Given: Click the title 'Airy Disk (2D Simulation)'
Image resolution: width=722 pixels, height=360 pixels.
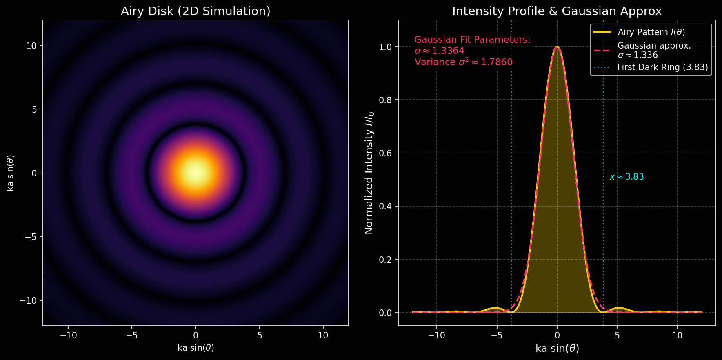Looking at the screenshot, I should coord(195,11).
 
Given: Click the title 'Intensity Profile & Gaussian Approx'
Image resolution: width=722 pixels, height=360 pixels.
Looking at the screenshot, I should coord(557,11).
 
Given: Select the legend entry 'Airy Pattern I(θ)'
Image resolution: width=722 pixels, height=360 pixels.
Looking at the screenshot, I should coord(651,32).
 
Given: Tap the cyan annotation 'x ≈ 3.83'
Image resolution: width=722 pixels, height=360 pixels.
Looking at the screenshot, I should coord(626,177).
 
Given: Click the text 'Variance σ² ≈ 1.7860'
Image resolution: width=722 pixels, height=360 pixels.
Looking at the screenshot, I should coord(463,62).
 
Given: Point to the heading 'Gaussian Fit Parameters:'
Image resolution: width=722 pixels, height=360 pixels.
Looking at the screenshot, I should coord(472,40).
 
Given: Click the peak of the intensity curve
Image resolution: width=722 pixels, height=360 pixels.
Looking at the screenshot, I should coord(557,47).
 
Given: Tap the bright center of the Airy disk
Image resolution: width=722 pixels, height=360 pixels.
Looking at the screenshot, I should coord(195,173).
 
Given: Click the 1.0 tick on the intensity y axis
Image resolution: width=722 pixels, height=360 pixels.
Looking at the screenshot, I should coord(385,47).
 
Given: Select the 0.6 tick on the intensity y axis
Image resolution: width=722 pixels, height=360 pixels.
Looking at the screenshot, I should coord(385,153).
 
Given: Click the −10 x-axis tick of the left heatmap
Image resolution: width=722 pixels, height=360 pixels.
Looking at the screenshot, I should coord(68,336).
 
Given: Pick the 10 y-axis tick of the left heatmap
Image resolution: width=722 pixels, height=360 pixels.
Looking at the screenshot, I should coord(31,46).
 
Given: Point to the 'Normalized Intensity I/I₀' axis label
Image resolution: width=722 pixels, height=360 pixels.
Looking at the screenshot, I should coord(369,173).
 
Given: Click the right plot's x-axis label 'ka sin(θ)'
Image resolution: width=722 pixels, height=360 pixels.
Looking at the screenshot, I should coord(557,348).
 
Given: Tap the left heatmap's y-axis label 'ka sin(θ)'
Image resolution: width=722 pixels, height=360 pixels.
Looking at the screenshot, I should coord(11,173).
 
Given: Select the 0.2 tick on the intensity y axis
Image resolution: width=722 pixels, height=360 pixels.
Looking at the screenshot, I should coord(385,260).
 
